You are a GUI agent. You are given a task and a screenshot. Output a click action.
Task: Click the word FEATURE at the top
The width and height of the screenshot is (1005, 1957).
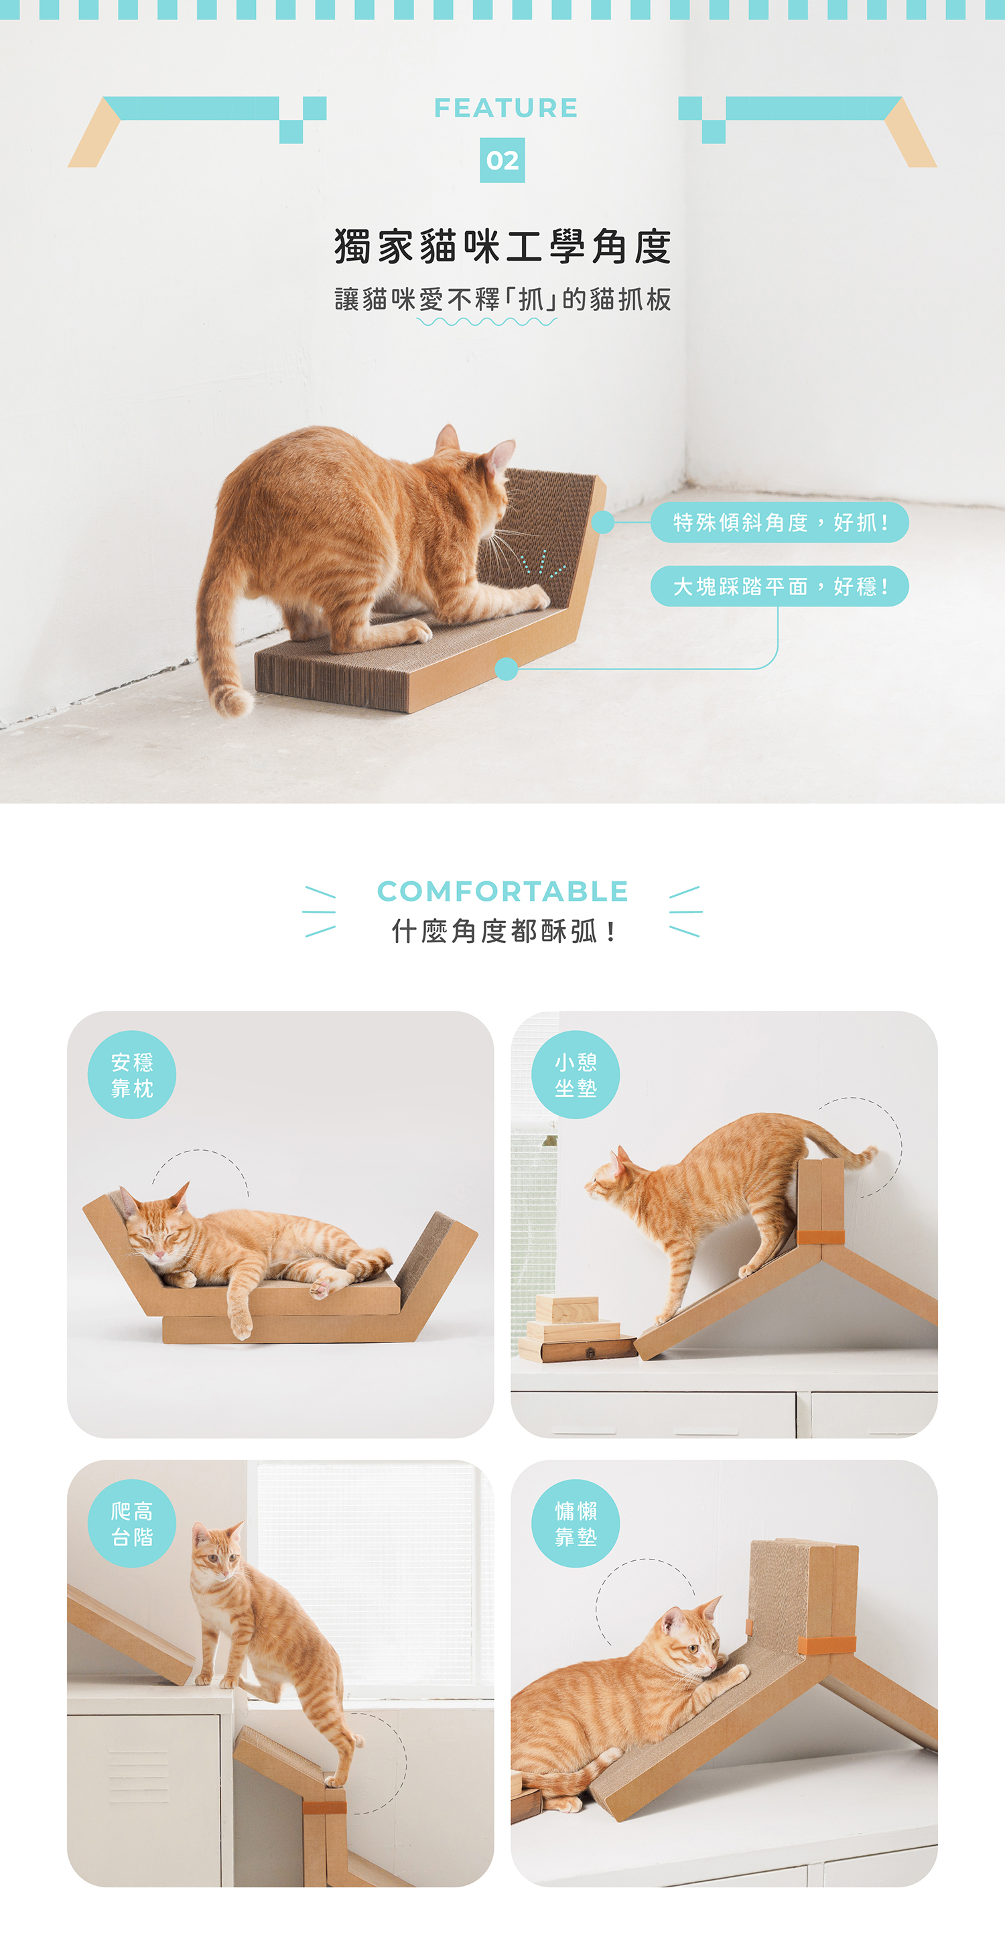505,108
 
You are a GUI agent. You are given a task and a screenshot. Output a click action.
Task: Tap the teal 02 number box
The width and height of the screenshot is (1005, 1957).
502,160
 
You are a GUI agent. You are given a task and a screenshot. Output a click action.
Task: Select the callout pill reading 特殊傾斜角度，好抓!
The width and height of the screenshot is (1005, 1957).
779,523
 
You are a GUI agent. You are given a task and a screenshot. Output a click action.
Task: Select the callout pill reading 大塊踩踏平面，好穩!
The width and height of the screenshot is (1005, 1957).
779,586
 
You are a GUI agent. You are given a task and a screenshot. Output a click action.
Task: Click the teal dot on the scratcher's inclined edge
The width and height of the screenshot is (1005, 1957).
603,523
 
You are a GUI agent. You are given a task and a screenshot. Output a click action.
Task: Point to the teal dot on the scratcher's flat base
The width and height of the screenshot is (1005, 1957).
506,670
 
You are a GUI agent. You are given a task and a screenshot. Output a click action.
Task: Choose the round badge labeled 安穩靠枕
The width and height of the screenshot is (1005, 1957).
132,1075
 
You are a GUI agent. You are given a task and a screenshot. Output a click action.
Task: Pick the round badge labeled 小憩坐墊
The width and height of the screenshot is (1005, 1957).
576,1075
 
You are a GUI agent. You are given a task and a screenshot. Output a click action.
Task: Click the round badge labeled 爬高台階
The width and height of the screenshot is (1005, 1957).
132,1523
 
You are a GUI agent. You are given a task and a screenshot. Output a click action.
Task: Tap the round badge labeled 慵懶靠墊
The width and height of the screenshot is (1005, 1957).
576,1523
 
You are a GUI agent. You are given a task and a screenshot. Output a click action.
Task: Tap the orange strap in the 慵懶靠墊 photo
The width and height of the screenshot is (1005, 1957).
827,1645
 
